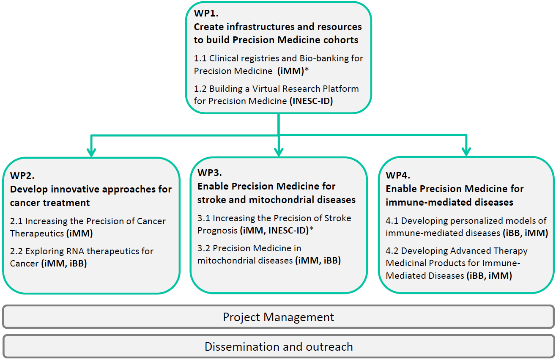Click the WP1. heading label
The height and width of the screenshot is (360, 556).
click(x=206, y=13)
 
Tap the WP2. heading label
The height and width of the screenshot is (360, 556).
click(x=22, y=176)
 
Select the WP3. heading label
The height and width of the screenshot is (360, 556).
click(x=209, y=173)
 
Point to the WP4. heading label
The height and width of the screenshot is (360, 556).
click(x=398, y=175)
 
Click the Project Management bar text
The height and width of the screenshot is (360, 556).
click(x=279, y=317)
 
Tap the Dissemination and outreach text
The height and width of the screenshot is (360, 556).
click(x=279, y=346)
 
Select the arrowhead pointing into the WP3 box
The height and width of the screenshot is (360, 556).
click(x=279, y=152)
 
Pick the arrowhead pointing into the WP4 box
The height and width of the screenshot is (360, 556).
click(x=466, y=152)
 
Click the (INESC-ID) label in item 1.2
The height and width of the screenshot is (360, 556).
click(x=311, y=101)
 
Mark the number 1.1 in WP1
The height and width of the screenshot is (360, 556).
click(x=200, y=58)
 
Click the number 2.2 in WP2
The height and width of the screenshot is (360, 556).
click(x=16, y=251)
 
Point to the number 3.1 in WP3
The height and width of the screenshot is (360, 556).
click(x=204, y=218)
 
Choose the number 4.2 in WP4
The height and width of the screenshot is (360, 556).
click(x=392, y=251)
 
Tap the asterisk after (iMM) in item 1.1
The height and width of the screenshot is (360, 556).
click(x=307, y=69)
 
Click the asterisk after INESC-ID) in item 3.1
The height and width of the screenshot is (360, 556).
click(x=312, y=229)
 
